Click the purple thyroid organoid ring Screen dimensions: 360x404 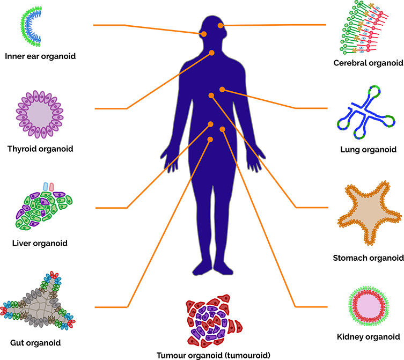pos(36,114)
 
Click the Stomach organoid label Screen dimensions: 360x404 pos(368,258)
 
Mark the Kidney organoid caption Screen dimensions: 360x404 pos(369,337)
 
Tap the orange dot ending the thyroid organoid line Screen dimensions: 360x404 pos(212,53)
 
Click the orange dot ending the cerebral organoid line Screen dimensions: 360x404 pos(221,26)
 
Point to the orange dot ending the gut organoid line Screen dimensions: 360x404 pos(210,139)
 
